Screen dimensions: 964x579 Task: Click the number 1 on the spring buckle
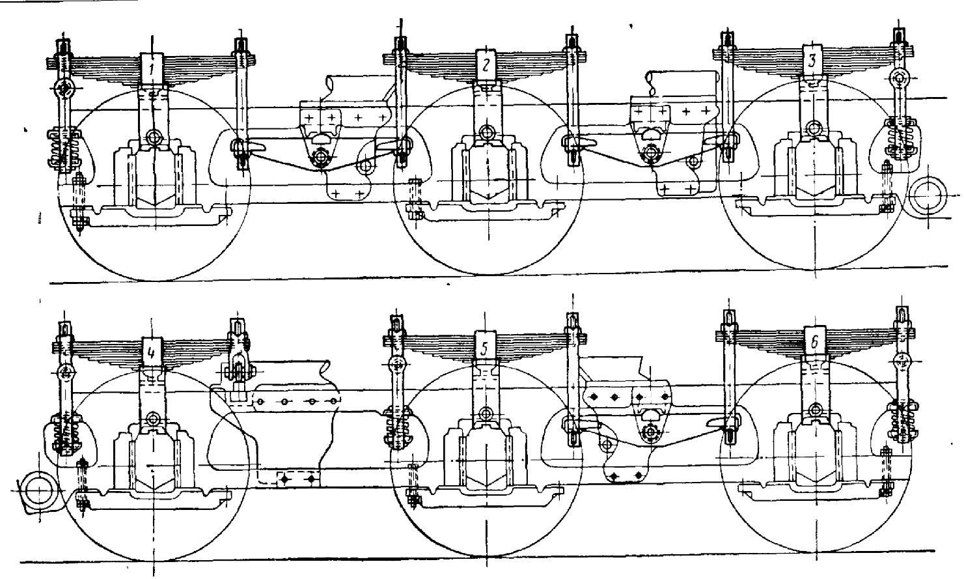[152, 69]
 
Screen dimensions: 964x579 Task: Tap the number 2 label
[486, 65]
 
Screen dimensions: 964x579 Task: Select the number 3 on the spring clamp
[812, 61]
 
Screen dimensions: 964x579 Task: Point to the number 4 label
[150, 352]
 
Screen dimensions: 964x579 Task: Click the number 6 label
[814, 343]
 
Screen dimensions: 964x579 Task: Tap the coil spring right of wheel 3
[900, 137]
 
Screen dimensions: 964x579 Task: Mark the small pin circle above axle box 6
[815, 410]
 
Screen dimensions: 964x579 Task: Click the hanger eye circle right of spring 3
[900, 79]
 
